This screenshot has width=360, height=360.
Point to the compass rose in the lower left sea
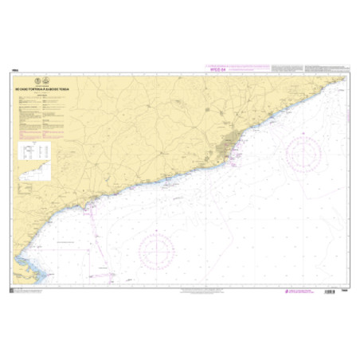pyautogui.click(x=156, y=252)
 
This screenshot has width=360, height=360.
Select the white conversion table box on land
pyautogui.click(x=34, y=151)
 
